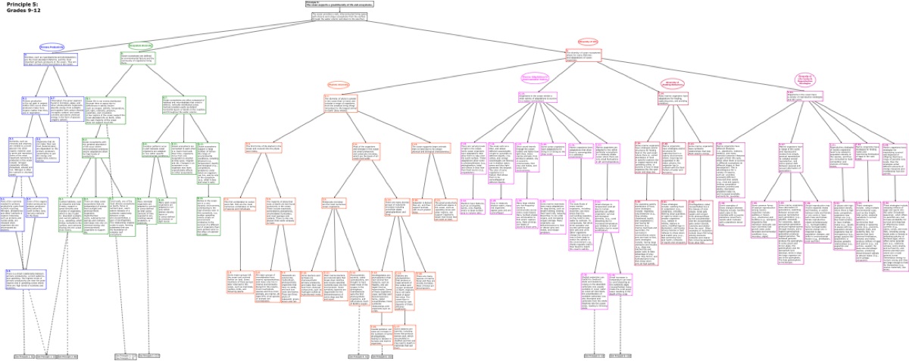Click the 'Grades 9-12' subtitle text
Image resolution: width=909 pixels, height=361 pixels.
click(x=19, y=11)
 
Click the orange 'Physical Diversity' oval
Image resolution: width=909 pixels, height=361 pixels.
click(x=338, y=85)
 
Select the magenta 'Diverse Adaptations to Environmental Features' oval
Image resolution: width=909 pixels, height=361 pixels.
click(x=535, y=78)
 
